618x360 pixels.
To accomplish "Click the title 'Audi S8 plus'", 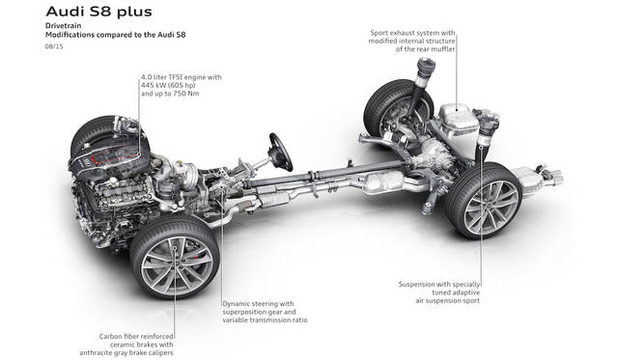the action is click(x=98, y=12).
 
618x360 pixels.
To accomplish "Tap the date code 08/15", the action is click(x=54, y=46).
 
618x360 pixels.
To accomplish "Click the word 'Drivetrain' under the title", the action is click(x=64, y=26).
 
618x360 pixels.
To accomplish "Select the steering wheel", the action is click(x=281, y=152).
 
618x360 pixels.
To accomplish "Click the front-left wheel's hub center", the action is click(x=176, y=260).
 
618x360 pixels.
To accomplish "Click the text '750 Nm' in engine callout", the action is click(x=186, y=94).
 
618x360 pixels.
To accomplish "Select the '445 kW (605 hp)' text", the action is click(x=168, y=86).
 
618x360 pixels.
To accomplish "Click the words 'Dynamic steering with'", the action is click(x=258, y=304).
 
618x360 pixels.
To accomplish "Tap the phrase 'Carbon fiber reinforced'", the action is click(x=136, y=337).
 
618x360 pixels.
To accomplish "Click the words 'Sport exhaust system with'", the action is click(x=412, y=33).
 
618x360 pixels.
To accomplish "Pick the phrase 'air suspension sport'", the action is click(x=448, y=300).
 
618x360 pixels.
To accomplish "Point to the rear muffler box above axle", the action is click(x=457, y=120).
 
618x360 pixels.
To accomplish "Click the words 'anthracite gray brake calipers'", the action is click(x=126, y=353).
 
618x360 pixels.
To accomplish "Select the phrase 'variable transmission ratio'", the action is click(x=265, y=320).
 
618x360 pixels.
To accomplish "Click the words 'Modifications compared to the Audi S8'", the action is click(x=116, y=35).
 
